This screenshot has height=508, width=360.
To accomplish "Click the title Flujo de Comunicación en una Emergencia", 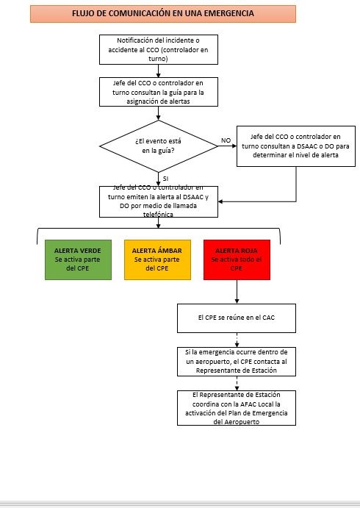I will (163, 14).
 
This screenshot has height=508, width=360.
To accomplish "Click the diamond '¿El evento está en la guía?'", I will (158, 145).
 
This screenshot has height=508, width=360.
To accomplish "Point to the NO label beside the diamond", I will (226, 140).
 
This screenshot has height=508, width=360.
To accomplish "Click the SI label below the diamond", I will (165, 179).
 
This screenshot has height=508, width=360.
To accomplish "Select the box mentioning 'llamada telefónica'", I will (159, 201).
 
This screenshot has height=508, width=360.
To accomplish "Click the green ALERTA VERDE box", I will (78, 260).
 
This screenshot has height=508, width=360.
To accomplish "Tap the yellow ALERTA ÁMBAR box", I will (157, 260).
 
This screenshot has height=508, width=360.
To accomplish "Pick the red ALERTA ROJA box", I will (237, 260).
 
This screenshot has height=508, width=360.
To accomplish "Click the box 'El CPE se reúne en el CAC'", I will (237, 318).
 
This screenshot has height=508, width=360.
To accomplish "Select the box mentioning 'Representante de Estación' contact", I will (237, 361).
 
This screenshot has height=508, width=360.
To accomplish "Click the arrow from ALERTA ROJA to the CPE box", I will (237, 291).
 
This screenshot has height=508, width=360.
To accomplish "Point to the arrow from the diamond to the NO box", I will (226, 146).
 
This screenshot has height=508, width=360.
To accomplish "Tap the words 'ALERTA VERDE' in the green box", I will (78, 250).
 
